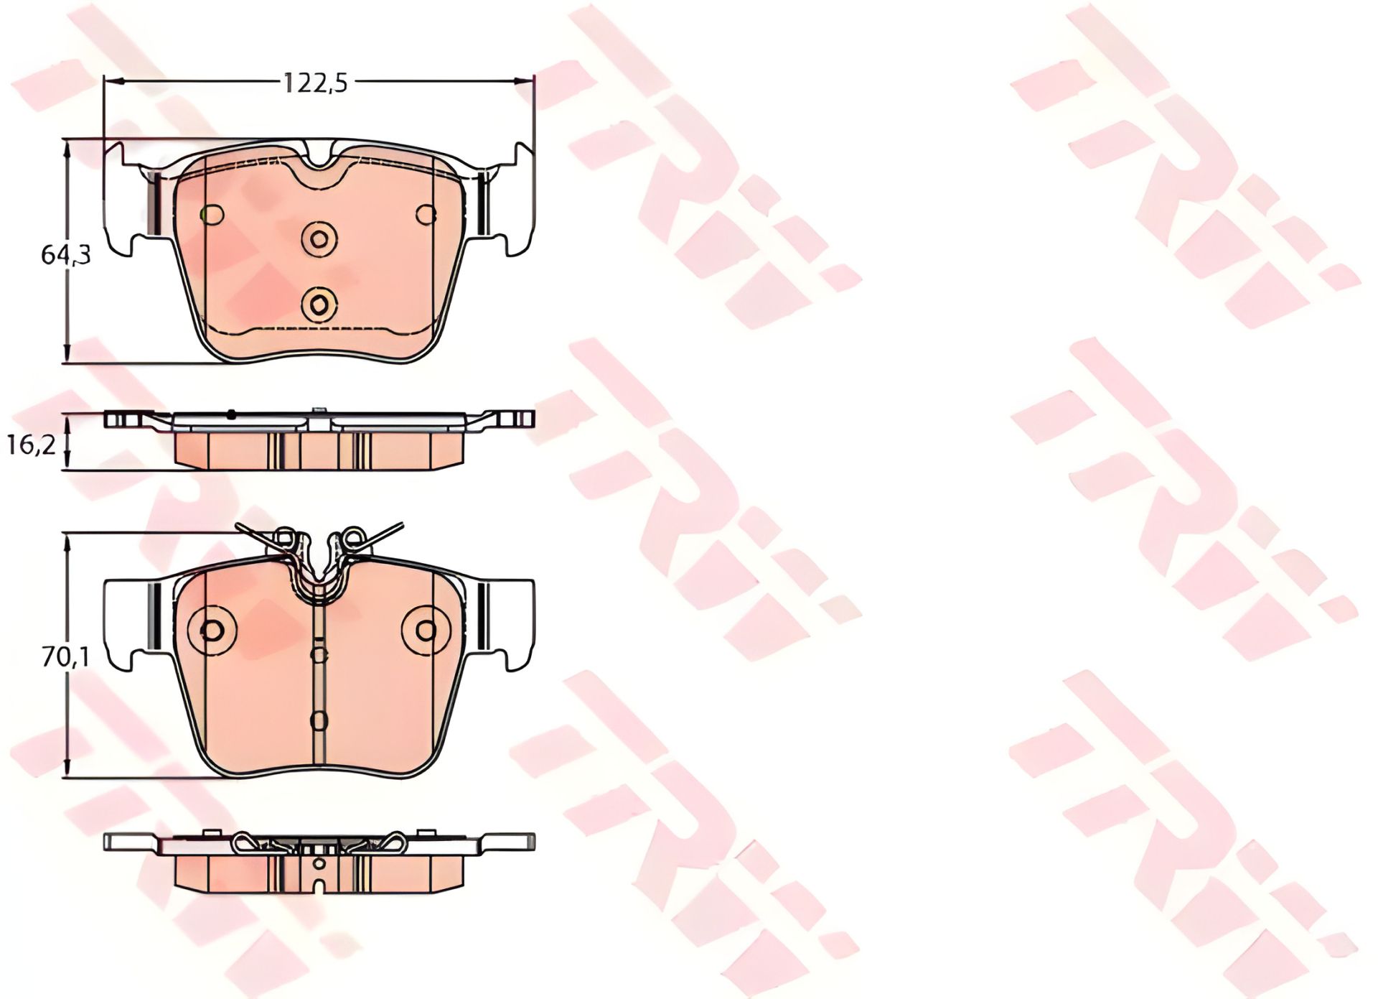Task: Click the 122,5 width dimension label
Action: pyautogui.click(x=315, y=83)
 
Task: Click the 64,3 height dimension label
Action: pyautogui.click(x=66, y=254)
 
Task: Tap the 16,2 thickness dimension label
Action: pyautogui.click(x=32, y=445)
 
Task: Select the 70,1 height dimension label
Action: pyautogui.click(x=65, y=656)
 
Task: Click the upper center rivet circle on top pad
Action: pyautogui.click(x=319, y=238)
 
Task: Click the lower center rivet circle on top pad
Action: pyautogui.click(x=319, y=305)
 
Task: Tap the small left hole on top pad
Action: pyautogui.click(x=212, y=214)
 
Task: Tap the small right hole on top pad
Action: pyautogui.click(x=426, y=214)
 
